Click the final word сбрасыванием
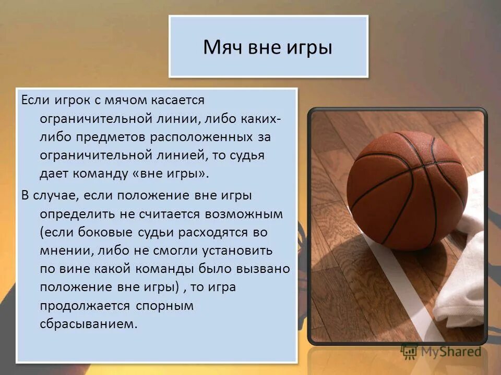pos(89,324)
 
